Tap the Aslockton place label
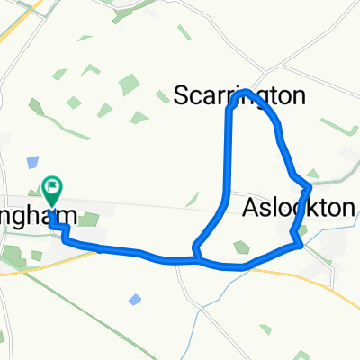299,209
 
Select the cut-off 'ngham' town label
36,217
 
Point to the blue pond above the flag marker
33,162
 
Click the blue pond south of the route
134,298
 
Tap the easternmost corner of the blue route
310,188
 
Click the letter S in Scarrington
179,96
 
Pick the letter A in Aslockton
251,209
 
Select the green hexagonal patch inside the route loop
239,246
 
